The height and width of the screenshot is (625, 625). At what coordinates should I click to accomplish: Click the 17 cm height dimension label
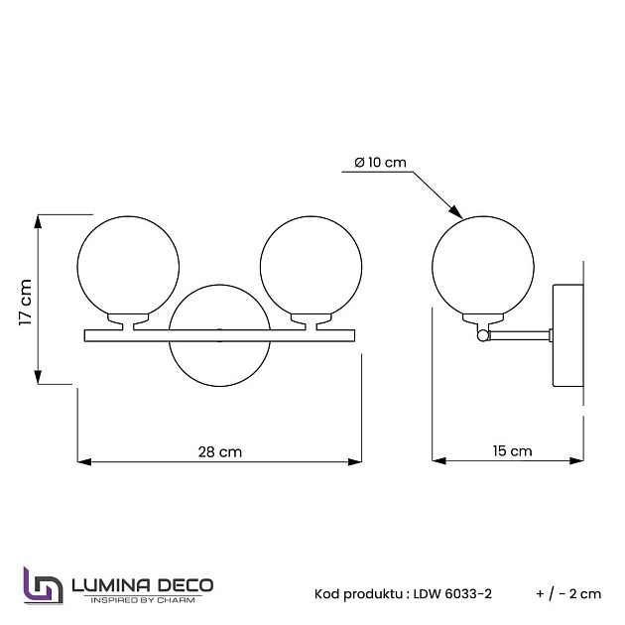coord(27,300)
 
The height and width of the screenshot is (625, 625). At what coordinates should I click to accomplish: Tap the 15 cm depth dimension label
coord(512,451)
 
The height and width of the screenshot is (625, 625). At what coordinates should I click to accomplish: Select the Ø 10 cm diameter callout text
coord(380,164)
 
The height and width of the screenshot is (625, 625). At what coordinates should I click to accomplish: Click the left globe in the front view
coord(129,265)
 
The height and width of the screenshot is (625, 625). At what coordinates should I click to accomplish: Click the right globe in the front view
coord(310,265)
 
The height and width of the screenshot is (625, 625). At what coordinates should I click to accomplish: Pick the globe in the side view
coord(484,265)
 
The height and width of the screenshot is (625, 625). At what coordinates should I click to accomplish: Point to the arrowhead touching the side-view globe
coord(456,211)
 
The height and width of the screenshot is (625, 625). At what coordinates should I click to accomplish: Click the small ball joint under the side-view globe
coord(483,336)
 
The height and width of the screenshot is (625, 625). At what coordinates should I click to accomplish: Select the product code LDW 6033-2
coord(454,593)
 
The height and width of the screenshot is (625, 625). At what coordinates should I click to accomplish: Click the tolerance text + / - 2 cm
coord(568,593)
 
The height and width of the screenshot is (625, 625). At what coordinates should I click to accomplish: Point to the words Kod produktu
coord(358,593)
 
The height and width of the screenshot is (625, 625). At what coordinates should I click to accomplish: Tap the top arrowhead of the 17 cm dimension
coord(39,219)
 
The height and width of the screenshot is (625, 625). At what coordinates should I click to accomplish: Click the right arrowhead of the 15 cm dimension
coord(581,460)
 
